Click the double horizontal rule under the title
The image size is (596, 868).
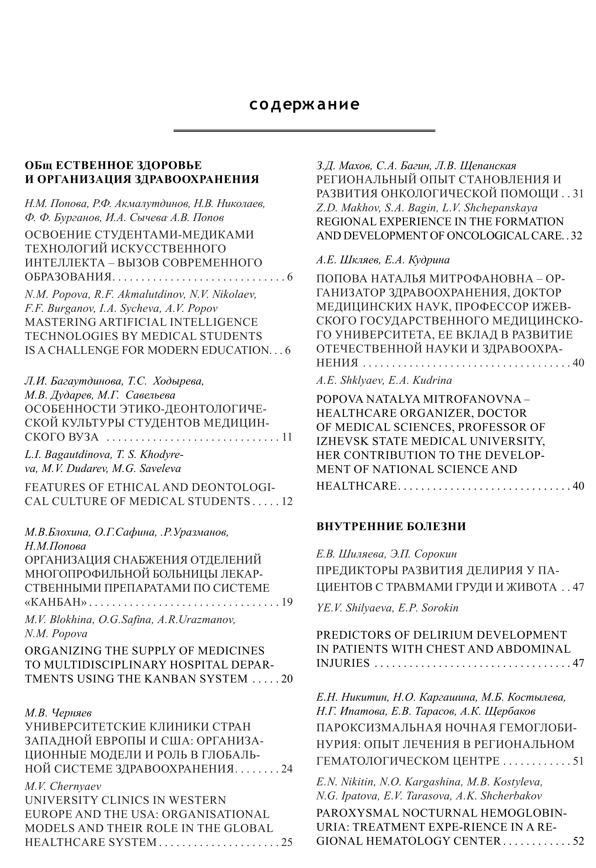[x=304, y=130]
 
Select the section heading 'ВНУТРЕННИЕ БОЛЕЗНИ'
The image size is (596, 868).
[x=391, y=527]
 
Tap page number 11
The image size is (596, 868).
[x=286, y=437]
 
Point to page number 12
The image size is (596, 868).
[x=286, y=501]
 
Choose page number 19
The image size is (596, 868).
[x=286, y=602]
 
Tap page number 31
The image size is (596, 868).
[x=578, y=193]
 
